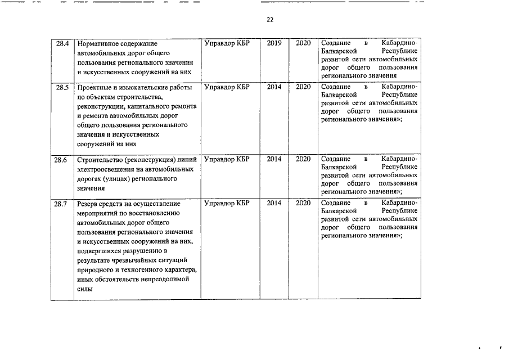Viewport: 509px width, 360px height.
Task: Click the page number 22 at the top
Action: [x=270, y=20]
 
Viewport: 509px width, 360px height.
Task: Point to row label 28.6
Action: [x=61, y=160]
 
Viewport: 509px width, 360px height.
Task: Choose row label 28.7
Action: [x=61, y=203]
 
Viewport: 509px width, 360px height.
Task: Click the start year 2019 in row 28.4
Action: [x=274, y=43]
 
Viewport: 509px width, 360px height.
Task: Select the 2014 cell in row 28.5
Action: [x=274, y=87]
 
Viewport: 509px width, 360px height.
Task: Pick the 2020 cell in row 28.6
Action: [x=303, y=160]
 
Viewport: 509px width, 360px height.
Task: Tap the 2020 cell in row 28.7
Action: [x=303, y=203]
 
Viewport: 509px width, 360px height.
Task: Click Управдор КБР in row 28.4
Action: [x=227, y=43]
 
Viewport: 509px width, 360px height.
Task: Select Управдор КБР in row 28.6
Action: [x=227, y=160]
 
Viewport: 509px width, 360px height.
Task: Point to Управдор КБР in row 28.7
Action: [x=227, y=203]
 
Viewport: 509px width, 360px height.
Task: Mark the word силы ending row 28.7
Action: [x=84, y=290]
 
